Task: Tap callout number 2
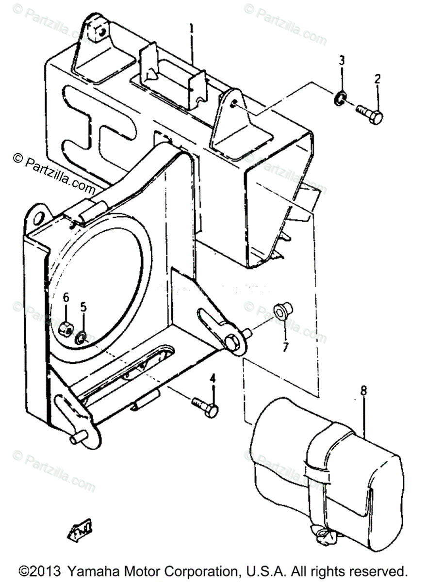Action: [377, 78]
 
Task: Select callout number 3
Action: [342, 61]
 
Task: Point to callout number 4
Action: [212, 379]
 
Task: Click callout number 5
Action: [83, 307]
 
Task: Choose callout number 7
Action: [285, 347]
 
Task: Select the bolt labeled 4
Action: [206, 406]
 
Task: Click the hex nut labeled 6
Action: [66, 330]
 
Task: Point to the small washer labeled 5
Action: [81, 337]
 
